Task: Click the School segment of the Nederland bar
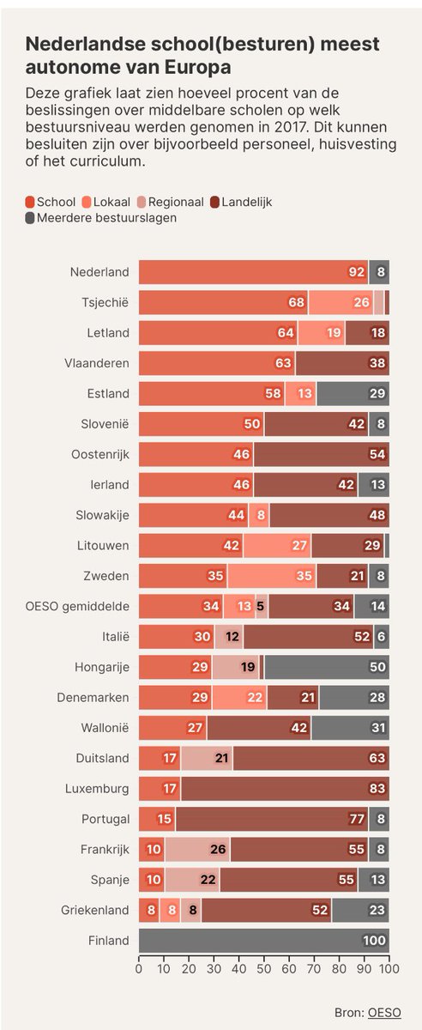point(253,272)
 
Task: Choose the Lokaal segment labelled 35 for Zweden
point(272,576)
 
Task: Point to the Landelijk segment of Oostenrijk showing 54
point(321,455)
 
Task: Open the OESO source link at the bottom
point(388,1013)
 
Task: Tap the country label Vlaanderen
point(98,364)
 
